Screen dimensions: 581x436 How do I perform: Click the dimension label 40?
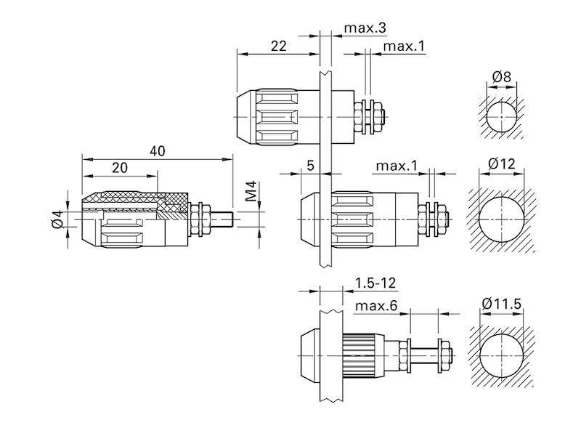(x=158, y=151)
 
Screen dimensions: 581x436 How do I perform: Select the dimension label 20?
(x=120, y=168)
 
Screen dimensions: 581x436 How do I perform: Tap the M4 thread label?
(x=251, y=191)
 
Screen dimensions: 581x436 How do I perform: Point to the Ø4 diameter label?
(x=57, y=219)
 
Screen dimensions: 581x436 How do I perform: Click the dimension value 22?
(x=279, y=46)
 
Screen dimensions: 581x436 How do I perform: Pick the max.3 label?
(x=365, y=28)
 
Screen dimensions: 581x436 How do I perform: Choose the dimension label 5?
(x=311, y=166)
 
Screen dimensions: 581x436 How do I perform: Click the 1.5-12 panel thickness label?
(x=375, y=283)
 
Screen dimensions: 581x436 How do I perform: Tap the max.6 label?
(x=375, y=306)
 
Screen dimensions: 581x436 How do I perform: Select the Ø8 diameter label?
(x=502, y=77)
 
